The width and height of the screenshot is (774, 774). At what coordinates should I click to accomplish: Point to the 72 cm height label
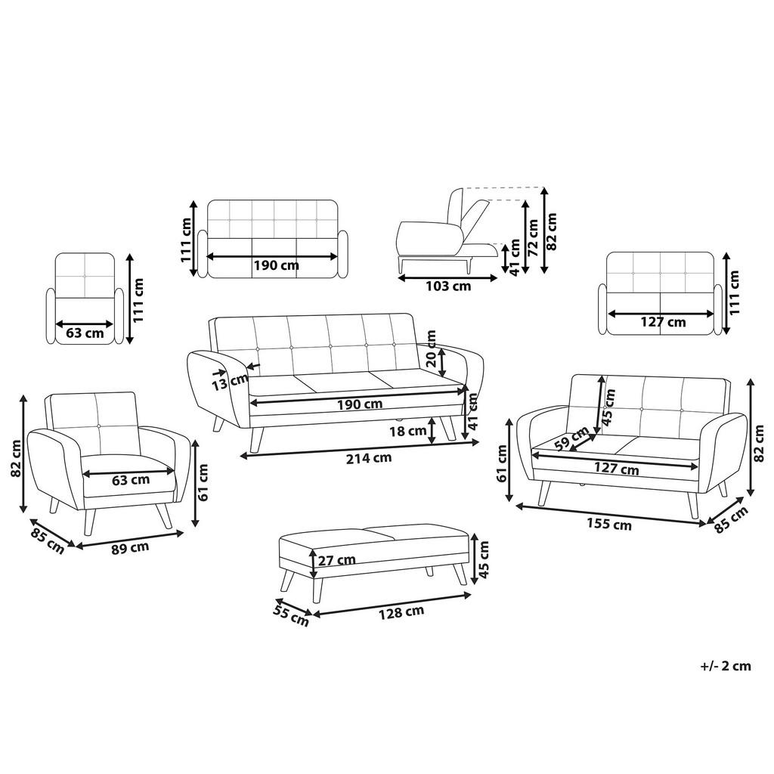(x=532, y=238)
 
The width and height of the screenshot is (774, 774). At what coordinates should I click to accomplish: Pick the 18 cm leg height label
(x=407, y=432)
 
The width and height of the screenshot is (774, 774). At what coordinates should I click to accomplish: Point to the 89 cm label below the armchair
(x=130, y=547)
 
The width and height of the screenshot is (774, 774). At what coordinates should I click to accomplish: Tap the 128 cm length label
(x=401, y=611)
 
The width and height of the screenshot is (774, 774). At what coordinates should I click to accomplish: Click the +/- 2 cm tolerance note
(x=726, y=666)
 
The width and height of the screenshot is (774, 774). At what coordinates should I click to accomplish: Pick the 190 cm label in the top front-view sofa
(x=275, y=265)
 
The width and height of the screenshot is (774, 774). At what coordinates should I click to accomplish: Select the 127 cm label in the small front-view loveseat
(x=662, y=322)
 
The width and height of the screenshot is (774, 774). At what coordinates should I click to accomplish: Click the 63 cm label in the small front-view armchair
(x=85, y=333)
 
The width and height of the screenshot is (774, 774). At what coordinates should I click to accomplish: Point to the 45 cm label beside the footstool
(x=484, y=559)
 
